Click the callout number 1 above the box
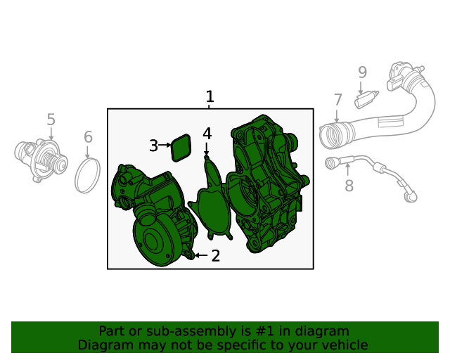[x=210, y=97]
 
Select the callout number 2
[x=215, y=256]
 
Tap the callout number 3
[x=153, y=146]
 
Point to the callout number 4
[x=207, y=134]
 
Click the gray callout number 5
[x=51, y=120]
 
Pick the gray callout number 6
[x=88, y=137]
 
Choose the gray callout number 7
[x=337, y=100]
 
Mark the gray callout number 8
[x=349, y=186]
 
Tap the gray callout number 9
[x=362, y=72]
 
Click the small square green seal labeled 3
[x=181, y=147]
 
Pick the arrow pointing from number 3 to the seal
[x=165, y=145]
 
